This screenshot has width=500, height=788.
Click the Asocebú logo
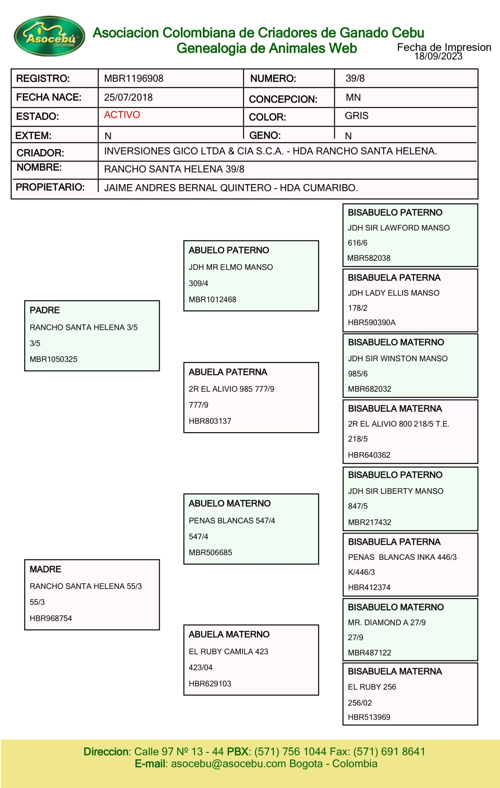click(x=50, y=36)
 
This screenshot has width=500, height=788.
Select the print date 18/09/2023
click(x=438, y=56)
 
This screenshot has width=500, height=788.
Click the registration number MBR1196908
click(x=133, y=78)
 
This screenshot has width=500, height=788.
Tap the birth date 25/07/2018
click(x=128, y=98)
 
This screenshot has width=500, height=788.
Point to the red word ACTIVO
click(x=122, y=115)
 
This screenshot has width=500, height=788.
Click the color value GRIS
click(x=356, y=116)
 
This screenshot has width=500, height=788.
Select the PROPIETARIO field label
click(x=50, y=187)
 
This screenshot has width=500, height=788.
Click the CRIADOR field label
click(x=40, y=153)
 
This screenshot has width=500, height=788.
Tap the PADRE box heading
click(x=45, y=310)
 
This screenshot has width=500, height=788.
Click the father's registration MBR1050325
click(x=53, y=359)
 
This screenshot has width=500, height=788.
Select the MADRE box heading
click(x=46, y=569)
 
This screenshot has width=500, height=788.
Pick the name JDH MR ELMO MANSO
click(x=231, y=267)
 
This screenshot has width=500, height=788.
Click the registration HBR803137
click(x=210, y=421)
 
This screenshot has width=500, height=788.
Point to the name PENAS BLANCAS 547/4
click(x=232, y=521)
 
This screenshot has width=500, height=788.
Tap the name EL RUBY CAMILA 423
click(x=228, y=652)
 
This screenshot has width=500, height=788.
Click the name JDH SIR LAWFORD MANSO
click(x=398, y=228)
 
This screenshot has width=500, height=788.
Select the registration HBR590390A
click(x=371, y=323)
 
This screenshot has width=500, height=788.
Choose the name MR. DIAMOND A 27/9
click(x=387, y=622)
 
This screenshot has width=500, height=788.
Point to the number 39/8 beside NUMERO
click(x=355, y=78)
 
